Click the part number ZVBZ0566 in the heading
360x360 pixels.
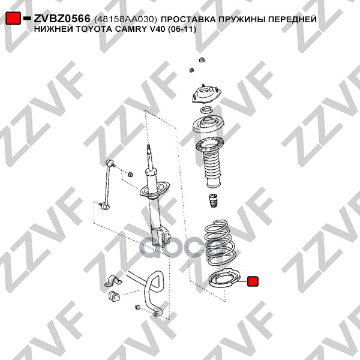[x=62, y=19]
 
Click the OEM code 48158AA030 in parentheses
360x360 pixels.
[x=125, y=19]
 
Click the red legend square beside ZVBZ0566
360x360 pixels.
[x=13, y=19]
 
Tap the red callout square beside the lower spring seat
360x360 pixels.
[x=253, y=281]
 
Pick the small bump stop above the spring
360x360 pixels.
[x=213, y=200]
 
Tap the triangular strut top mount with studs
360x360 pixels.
[x=206, y=94]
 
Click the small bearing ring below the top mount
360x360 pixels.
[x=206, y=110]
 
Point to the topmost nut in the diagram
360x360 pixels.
[x=202, y=60]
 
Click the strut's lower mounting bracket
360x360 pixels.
[x=161, y=236]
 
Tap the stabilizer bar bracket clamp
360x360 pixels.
[x=113, y=281]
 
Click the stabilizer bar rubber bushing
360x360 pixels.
[x=113, y=296]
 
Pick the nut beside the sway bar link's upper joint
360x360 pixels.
[x=130, y=174]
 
